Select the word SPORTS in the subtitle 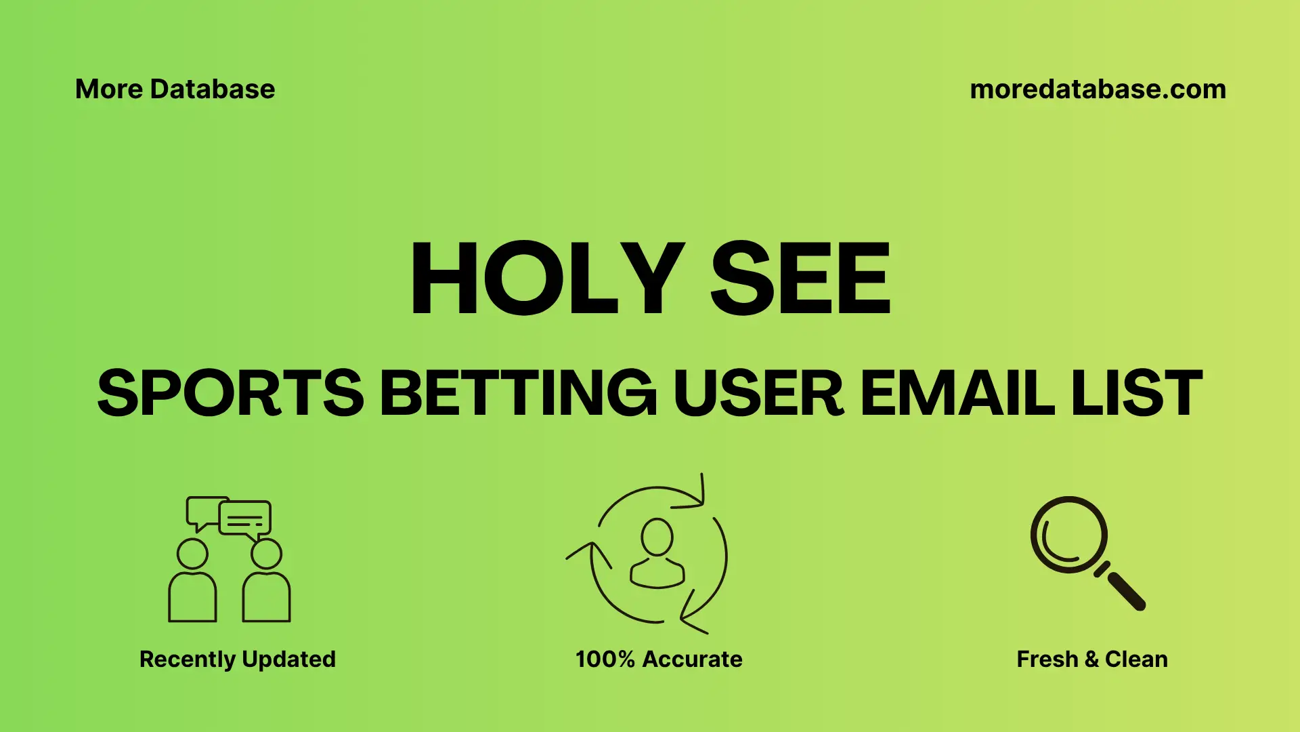point(230,393)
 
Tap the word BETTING point(518,393)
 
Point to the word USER point(758,393)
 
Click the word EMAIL point(957,393)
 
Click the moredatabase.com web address point(1098,89)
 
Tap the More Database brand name point(175,89)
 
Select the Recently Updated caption point(237,659)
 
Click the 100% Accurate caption point(659,659)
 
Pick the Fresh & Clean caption point(1091,659)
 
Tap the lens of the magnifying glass point(1068,535)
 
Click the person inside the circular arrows point(657,554)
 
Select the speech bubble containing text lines point(245,519)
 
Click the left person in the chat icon point(192,583)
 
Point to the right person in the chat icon point(266,583)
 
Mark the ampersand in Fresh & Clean point(1091,659)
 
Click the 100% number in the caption point(605,659)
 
